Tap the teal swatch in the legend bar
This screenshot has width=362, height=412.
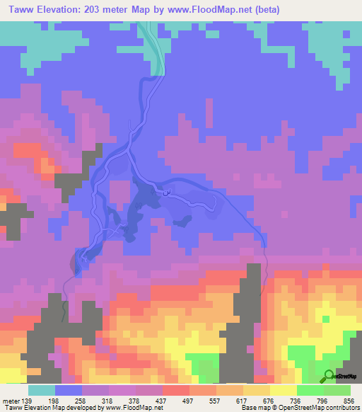(42, 391)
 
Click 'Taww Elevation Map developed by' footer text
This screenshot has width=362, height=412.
(46, 408)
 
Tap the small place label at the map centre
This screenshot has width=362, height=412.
(167, 191)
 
